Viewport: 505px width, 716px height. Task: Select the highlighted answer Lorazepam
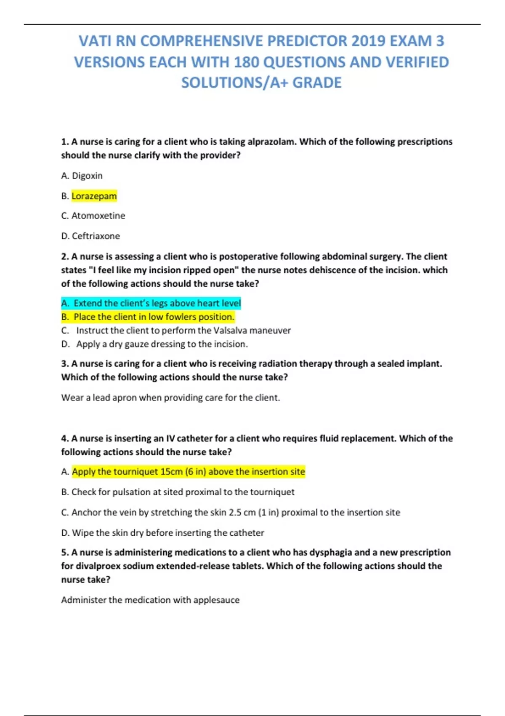click(94, 196)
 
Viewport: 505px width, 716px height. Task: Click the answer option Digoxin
click(87, 176)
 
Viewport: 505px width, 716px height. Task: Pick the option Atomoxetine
click(98, 216)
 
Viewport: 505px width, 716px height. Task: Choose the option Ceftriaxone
click(96, 236)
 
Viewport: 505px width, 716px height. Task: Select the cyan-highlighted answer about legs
click(157, 303)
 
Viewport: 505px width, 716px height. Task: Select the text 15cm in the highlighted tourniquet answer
click(171, 472)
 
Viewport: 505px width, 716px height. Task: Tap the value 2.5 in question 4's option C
click(235, 513)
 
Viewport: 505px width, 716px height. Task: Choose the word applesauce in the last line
click(216, 600)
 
